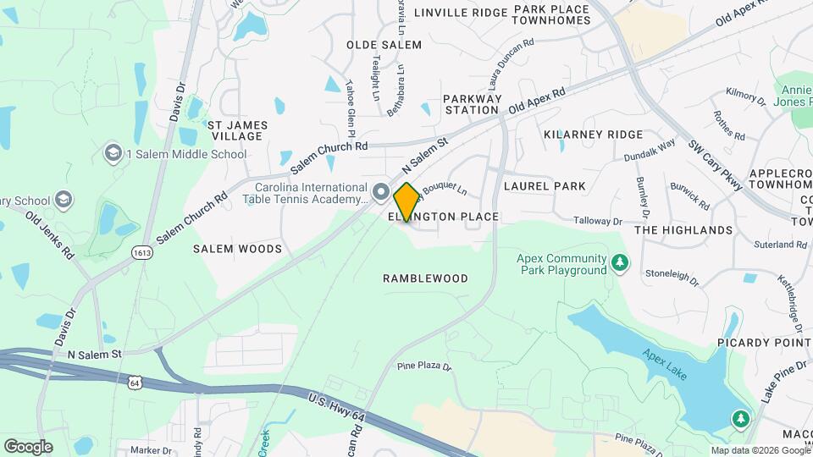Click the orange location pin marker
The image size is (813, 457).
pos(406,201)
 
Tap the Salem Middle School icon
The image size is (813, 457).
pos(113,153)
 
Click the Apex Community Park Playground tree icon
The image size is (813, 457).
pos(621,263)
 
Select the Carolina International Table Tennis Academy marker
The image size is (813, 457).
pos(381,192)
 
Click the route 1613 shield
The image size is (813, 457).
pos(141,251)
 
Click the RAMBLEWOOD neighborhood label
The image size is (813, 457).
pos(425,278)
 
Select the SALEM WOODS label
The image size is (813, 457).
pos(237,249)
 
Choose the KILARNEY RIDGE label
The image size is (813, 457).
pos(593,135)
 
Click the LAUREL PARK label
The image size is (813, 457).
pos(539,185)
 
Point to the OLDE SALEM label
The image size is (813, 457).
pos(384,44)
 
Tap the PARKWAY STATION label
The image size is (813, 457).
pos(472,104)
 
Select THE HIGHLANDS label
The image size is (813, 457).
pos(683,230)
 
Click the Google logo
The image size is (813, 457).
pos(28,446)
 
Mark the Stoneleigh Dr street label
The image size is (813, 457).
pos(672,276)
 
